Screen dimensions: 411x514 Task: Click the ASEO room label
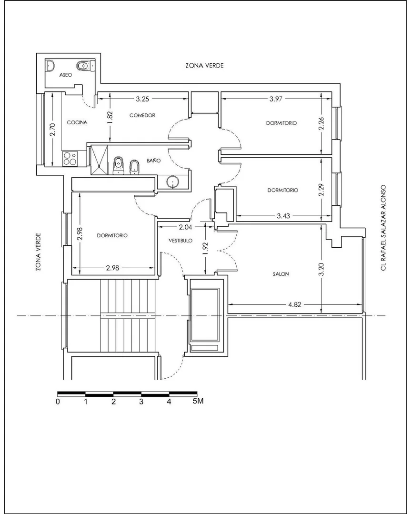(x=66, y=75)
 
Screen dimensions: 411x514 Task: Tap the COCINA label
(x=77, y=122)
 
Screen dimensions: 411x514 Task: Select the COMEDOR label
(x=142, y=115)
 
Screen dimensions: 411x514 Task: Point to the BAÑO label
(x=153, y=161)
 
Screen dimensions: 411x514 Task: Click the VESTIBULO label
(x=180, y=241)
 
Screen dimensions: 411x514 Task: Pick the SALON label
(x=281, y=274)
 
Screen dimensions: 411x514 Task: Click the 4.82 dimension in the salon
(x=294, y=304)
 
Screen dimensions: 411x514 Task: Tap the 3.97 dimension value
(x=276, y=99)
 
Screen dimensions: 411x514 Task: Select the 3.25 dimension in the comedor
(x=142, y=99)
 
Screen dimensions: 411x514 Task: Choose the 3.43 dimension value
(x=283, y=216)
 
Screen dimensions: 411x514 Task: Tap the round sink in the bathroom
(x=172, y=181)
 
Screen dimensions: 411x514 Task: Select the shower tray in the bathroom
(x=99, y=160)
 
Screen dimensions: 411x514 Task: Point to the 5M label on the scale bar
(x=198, y=401)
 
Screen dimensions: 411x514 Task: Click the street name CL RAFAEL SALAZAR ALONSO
(x=383, y=228)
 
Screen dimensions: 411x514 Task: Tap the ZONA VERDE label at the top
(x=204, y=66)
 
